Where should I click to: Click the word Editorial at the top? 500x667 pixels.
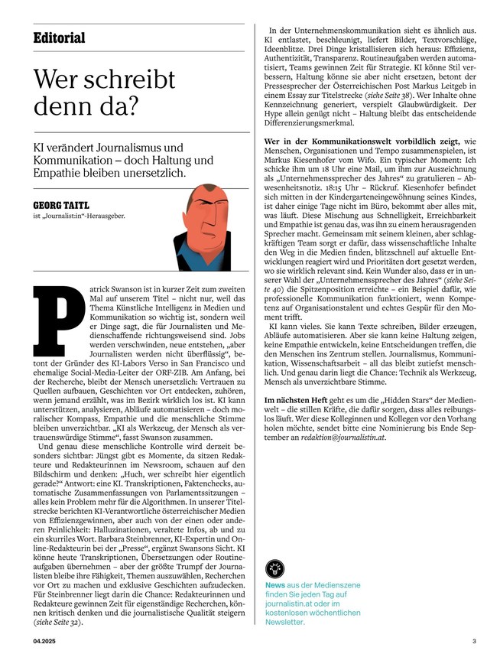59,38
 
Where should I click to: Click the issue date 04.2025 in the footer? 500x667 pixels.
44,641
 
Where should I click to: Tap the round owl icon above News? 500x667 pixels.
274,567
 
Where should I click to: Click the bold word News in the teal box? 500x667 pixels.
274,585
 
